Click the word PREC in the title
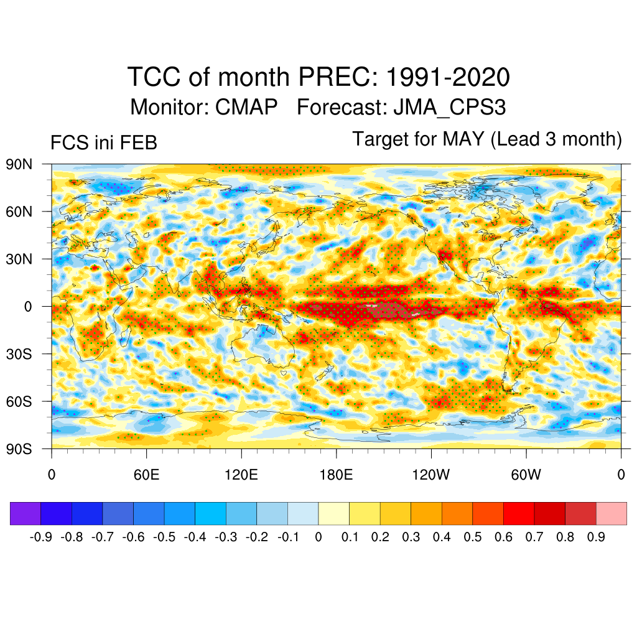point(337,78)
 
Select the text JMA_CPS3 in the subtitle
point(449,107)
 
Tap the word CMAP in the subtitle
point(246,107)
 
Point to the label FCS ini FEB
point(103,143)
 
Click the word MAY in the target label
point(463,139)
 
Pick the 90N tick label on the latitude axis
point(19,164)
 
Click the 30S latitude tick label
point(19,353)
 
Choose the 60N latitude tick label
point(19,212)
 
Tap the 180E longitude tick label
point(336,475)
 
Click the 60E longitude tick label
point(147,475)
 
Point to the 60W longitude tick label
point(526,475)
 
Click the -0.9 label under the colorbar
point(41,537)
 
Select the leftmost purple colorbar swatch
point(26,514)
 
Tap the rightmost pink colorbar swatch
point(611,514)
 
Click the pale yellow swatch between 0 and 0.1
point(334,514)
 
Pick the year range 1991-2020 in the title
point(448,78)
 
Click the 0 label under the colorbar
point(318,537)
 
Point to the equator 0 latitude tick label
point(28,306)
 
